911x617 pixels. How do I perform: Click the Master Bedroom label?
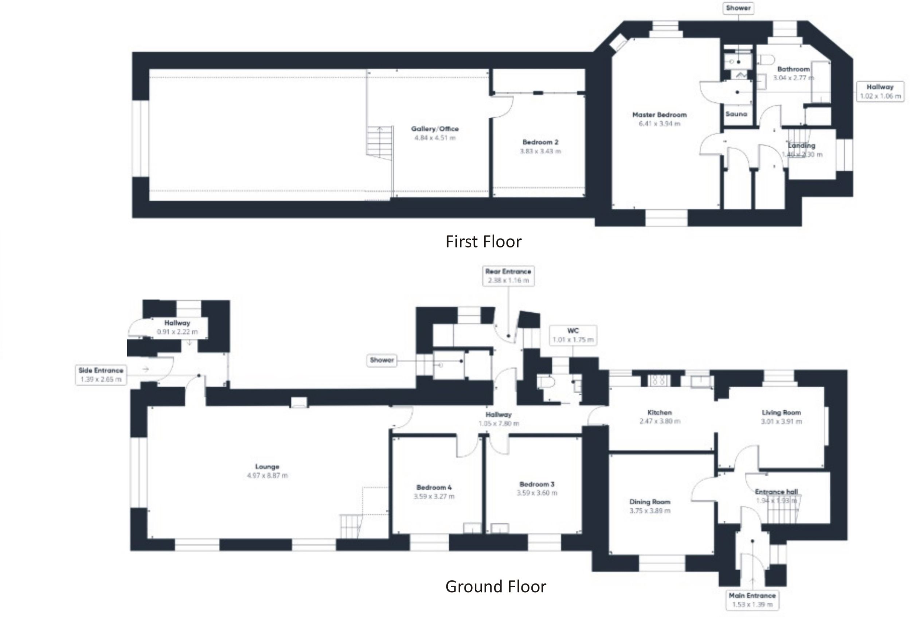(x=659, y=115)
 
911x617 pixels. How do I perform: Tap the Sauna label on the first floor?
(x=736, y=114)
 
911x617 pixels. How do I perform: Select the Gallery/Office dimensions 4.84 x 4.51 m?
(x=435, y=138)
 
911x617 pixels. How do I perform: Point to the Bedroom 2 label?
(x=540, y=142)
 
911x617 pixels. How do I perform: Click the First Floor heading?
(x=483, y=242)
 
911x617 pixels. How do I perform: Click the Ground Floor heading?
(x=496, y=586)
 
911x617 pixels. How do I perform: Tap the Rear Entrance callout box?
(x=508, y=276)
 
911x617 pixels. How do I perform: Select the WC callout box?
(x=573, y=335)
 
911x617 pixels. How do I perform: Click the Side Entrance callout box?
(x=101, y=375)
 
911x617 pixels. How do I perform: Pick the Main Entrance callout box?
(x=752, y=600)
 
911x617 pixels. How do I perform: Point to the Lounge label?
(x=267, y=466)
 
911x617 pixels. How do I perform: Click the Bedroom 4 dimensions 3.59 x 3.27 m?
(x=434, y=496)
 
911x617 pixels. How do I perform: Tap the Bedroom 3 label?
(x=536, y=484)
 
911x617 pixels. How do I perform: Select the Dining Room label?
(x=649, y=501)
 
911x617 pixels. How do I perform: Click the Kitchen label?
(x=659, y=413)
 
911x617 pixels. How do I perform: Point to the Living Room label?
(x=781, y=413)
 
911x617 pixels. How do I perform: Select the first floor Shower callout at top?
(x=738, y=8)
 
